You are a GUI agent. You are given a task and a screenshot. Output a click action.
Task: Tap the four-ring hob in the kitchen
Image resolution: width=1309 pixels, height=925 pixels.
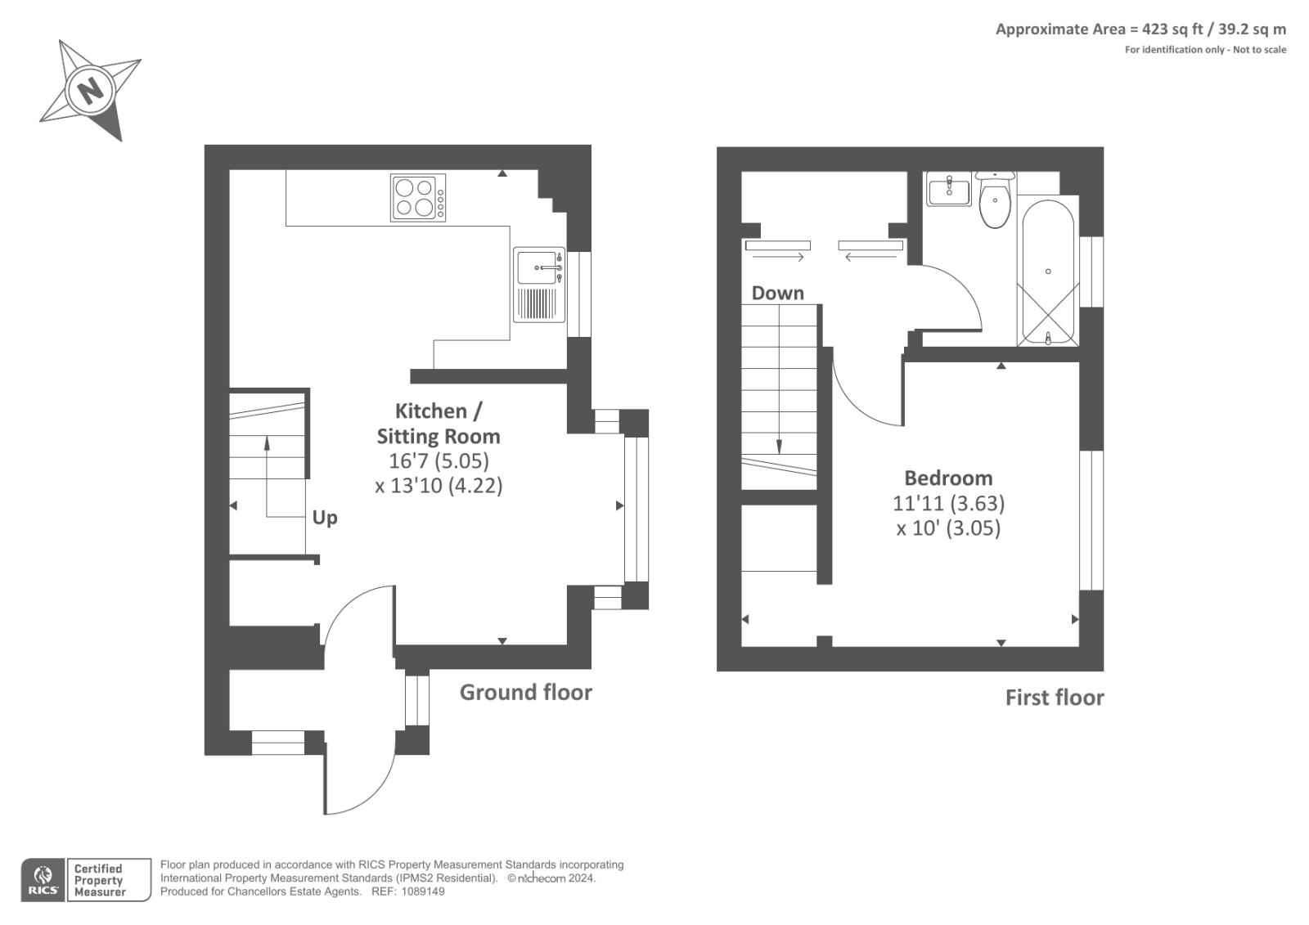click(418, 198)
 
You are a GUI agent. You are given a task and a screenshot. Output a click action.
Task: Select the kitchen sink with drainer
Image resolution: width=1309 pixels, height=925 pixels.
click(539, 285)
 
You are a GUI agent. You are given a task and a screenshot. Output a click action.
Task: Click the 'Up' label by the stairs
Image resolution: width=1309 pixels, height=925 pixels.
click(325, 518)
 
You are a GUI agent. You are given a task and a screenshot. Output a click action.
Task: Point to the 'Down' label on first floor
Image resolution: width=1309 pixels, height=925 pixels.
click(777, 293)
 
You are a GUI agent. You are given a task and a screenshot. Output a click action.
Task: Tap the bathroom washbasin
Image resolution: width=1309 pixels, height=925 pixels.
click(948, 191)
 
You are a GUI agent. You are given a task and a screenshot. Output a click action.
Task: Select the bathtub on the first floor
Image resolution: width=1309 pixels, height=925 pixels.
click(1047, 272)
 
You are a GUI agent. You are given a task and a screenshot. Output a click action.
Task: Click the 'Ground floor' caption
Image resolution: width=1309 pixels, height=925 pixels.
click(525, 693)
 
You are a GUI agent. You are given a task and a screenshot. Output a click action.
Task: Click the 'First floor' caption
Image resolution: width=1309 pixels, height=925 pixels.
click(1054, 698)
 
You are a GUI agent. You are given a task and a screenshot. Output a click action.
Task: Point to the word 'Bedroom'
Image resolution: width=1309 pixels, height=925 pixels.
click(948, 478)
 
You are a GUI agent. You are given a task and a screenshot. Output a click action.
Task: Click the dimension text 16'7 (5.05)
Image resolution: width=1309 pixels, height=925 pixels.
click(439, 461)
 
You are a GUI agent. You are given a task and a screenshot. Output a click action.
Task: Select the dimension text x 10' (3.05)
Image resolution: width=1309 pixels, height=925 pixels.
click(948, 528)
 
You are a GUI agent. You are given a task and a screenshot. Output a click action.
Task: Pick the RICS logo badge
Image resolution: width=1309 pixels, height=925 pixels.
click(43, 880)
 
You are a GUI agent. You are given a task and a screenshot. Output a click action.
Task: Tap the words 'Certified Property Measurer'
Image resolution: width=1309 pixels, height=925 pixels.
click(99, 880)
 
